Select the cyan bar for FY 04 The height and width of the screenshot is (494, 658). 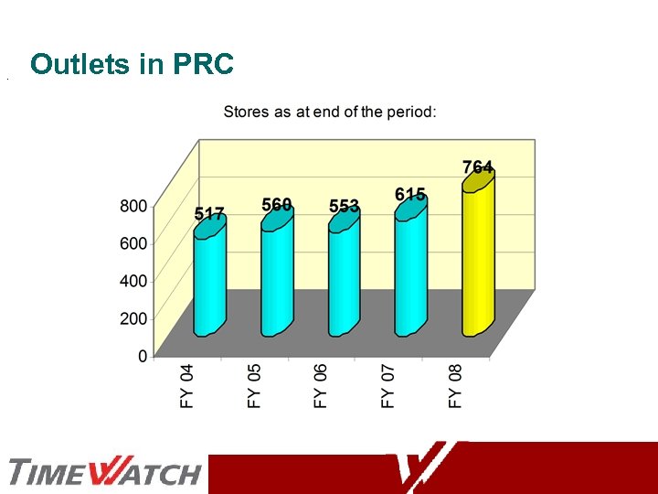(209, 279)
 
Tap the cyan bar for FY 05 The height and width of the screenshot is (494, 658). (277, 274)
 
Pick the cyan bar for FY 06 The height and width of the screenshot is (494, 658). (344, 276)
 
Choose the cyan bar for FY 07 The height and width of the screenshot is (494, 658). (410, 270)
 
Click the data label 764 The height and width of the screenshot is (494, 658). (478, 166)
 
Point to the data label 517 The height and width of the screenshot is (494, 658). (209, 214)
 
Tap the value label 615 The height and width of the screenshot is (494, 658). (410, 194)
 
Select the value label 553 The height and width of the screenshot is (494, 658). (345, 206)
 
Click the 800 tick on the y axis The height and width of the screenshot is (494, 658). (133, 206)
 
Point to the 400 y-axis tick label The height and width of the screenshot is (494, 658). (133, 281)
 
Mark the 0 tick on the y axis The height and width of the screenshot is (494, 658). (143, 356)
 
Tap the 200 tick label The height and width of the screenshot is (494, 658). (133, 318)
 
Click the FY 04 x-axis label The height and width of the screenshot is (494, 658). (187, 385)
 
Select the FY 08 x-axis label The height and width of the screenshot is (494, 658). (455, 385)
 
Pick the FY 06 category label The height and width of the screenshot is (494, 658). (321, 385)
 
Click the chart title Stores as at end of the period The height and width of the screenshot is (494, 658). (330, 112)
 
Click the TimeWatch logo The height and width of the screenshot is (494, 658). (104, 473)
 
